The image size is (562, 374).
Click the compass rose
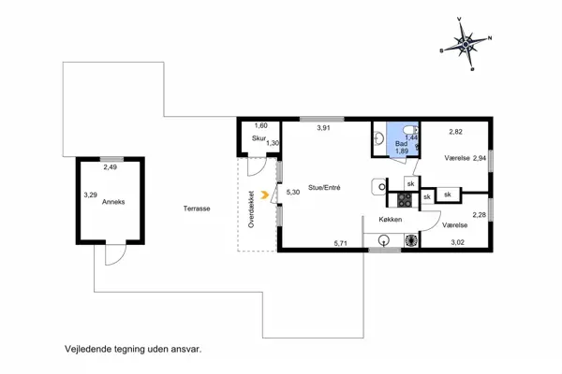click(x=466, y=44)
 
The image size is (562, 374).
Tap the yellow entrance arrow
click(x=265, y=194)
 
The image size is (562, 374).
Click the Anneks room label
click(x=113, y=202)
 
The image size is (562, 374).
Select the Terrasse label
click(x=197, y=209)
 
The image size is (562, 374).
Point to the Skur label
click(x=259, y=138)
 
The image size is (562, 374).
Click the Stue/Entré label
click(x=324, y=187)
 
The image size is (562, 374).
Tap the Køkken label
click(x=391, y=220)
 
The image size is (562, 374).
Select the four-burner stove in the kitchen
click(x=405, y=200)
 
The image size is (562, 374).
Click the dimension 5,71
click(x=341, y=243)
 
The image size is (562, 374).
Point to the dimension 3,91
click(x=324, y=128)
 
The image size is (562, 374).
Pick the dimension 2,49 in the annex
click(x=110, y=167)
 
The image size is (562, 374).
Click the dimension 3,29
click(x=90, y=195)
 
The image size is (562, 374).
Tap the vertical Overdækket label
click(x=251, y=209)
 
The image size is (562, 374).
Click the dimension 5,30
click(x=293, y=193)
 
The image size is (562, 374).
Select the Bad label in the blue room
click(x=401, y=144)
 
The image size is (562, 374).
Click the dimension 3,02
click(x=457, y=242)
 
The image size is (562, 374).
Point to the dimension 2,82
click(x=455, y=132)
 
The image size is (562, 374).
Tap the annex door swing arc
click(x=116, y=255)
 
